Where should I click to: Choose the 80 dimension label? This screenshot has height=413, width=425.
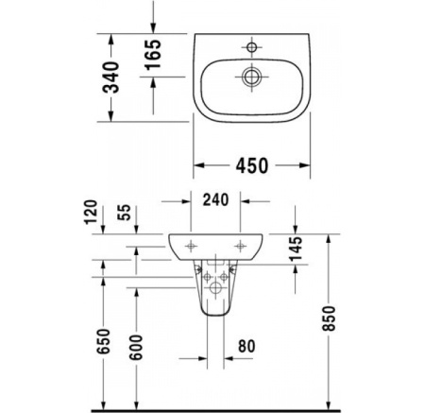tap(246, 345)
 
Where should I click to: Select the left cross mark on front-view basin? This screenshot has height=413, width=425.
tap(193, 245)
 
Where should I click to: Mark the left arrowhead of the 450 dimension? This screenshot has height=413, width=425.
tap(198, 164)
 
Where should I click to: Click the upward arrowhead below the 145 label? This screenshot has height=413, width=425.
tap(297, 268)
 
